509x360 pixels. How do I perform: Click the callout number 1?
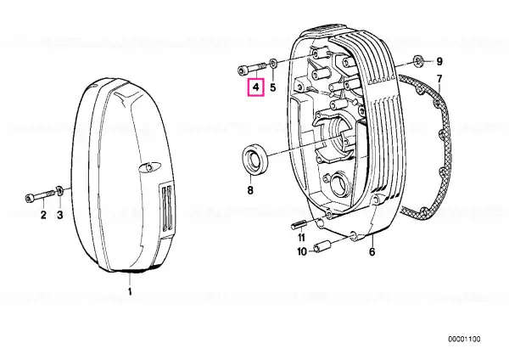[130, 291]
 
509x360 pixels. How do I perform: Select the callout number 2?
[43, 215]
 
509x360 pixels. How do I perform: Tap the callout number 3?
[60, 215]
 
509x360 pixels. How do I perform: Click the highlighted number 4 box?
[256, 87]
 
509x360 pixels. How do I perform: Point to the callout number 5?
[273, 87]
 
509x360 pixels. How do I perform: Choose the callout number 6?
[372, 251]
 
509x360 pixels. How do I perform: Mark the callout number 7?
[439, 79]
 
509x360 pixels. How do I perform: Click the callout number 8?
[250, 190]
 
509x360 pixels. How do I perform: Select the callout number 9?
[439, 61]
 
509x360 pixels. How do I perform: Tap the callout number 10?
[302, 252]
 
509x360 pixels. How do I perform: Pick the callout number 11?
[301, 238]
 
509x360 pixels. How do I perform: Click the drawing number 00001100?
[464, 340]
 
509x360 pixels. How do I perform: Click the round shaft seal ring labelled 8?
[255, 160]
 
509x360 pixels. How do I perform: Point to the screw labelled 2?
[40, 196]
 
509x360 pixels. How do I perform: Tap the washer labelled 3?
[59, 191]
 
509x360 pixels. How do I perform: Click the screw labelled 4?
[252, 69]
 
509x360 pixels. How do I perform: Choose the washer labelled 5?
[274, 63]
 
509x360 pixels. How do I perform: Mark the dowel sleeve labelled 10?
[321, 246]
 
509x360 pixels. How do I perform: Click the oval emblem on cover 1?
[147, 166]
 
